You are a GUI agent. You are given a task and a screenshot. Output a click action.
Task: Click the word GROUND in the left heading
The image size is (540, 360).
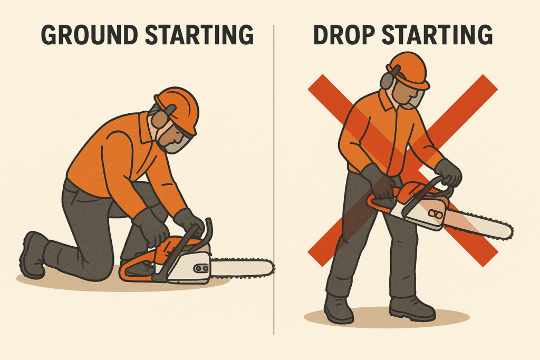coord(90,35)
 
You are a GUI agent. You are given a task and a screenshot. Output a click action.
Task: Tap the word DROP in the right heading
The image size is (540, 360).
coord(344,35)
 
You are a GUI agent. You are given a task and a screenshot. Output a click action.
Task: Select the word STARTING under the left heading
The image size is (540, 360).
coord(199,35)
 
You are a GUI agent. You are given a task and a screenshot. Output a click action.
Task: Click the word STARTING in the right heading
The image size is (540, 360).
coord(437,35)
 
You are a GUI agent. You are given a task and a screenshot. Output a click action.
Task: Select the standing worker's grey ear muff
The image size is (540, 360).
coord(388,80)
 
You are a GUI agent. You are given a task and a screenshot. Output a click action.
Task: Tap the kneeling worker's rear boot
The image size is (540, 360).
coord(33,255)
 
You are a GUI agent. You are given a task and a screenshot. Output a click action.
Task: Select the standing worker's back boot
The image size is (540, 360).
coord(338,308)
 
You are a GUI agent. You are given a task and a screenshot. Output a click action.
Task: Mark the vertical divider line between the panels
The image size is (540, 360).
coord(274,180)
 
